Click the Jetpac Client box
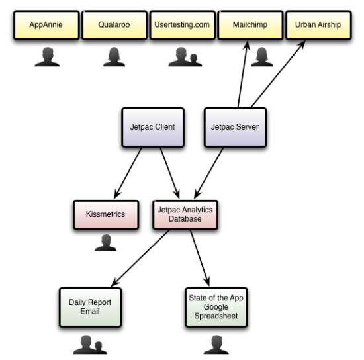click(152, 126)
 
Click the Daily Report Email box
click(91, 307)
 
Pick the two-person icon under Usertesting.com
click(183, 58)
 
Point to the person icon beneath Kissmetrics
click(105, 244)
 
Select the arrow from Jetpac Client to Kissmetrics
click(127, 173)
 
